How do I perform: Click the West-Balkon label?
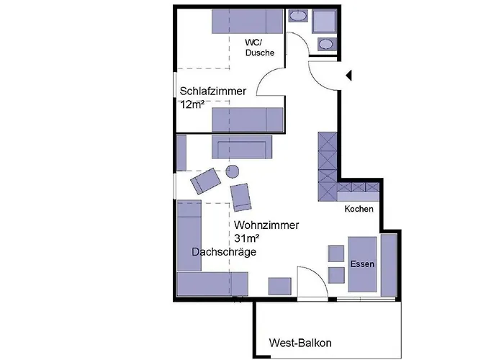[300, 343]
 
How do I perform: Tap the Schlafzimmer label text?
[213, 91]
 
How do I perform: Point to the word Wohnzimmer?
[266, 225]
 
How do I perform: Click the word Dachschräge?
[224, 252]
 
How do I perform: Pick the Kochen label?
[359, 210]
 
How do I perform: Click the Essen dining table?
[362, 264]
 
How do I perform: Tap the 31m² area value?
[246, 238]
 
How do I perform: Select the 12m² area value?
[192, 104]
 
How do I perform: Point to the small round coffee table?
[233, 171]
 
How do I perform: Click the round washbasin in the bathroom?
[326, 44]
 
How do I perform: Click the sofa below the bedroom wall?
[241, 147]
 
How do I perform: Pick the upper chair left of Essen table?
[336, 253]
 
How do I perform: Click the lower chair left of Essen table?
[336, 275]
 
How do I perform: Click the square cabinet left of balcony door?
[279, 286]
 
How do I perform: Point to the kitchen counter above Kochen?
[357, 192]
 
